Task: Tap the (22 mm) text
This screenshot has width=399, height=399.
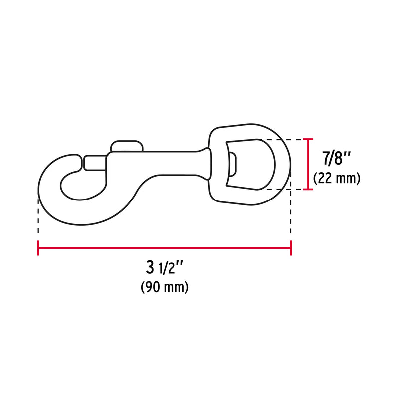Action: pyautogui.click(x=336, y=178)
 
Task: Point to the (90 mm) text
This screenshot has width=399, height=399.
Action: pyautogui.click(x=164, y=287)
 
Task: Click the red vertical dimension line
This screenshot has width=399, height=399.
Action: pyautogui.click(x=309, y=165)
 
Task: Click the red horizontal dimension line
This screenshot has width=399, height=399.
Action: pyautogui.click(x=165, y=248)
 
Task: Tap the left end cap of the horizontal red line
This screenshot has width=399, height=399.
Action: pyautogui.click(x=38, y=248)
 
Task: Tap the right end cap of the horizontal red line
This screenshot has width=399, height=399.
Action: pyautogui.click(x=291, y=248)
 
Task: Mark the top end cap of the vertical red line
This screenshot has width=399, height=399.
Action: pyautogui.click(x=309, y=139)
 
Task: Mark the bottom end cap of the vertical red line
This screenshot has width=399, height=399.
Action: pyautogui.click(x=309, y=190)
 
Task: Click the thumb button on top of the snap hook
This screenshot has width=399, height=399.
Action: pyautogui.click(x=127, y=146)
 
